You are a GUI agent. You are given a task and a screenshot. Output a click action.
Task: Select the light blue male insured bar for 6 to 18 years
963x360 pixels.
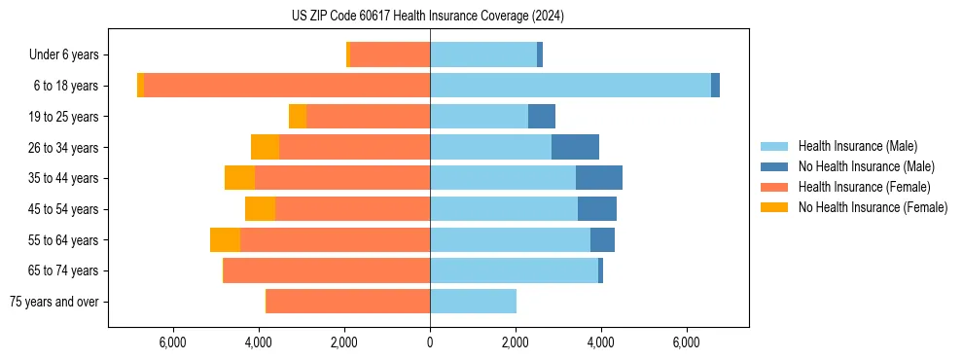pos(570,86)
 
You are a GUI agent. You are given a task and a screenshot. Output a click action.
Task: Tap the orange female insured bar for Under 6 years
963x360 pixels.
pos(390,54)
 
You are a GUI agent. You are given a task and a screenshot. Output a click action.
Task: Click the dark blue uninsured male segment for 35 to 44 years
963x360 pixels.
pos(599,178)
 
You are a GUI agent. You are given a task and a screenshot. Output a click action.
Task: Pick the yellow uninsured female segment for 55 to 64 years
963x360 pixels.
pos(225,239)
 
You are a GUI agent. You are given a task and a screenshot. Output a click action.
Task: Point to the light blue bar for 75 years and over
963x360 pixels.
pos(473,302)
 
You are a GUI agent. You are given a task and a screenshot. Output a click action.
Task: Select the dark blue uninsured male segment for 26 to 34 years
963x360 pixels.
pos(575,147)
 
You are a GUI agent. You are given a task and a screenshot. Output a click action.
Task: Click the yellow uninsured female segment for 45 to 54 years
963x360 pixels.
pos(260,209)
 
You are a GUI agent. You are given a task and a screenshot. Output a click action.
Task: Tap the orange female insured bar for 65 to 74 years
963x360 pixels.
pos(327,270)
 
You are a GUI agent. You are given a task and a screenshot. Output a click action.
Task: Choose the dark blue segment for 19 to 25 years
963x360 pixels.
pos(542,117)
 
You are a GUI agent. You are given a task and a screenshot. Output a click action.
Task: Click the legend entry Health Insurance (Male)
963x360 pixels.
pos(857,146)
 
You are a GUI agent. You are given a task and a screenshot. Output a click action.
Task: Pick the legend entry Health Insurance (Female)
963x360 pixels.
pos(865,187)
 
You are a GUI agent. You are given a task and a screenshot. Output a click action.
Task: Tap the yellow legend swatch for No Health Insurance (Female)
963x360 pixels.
pos(775,207)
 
